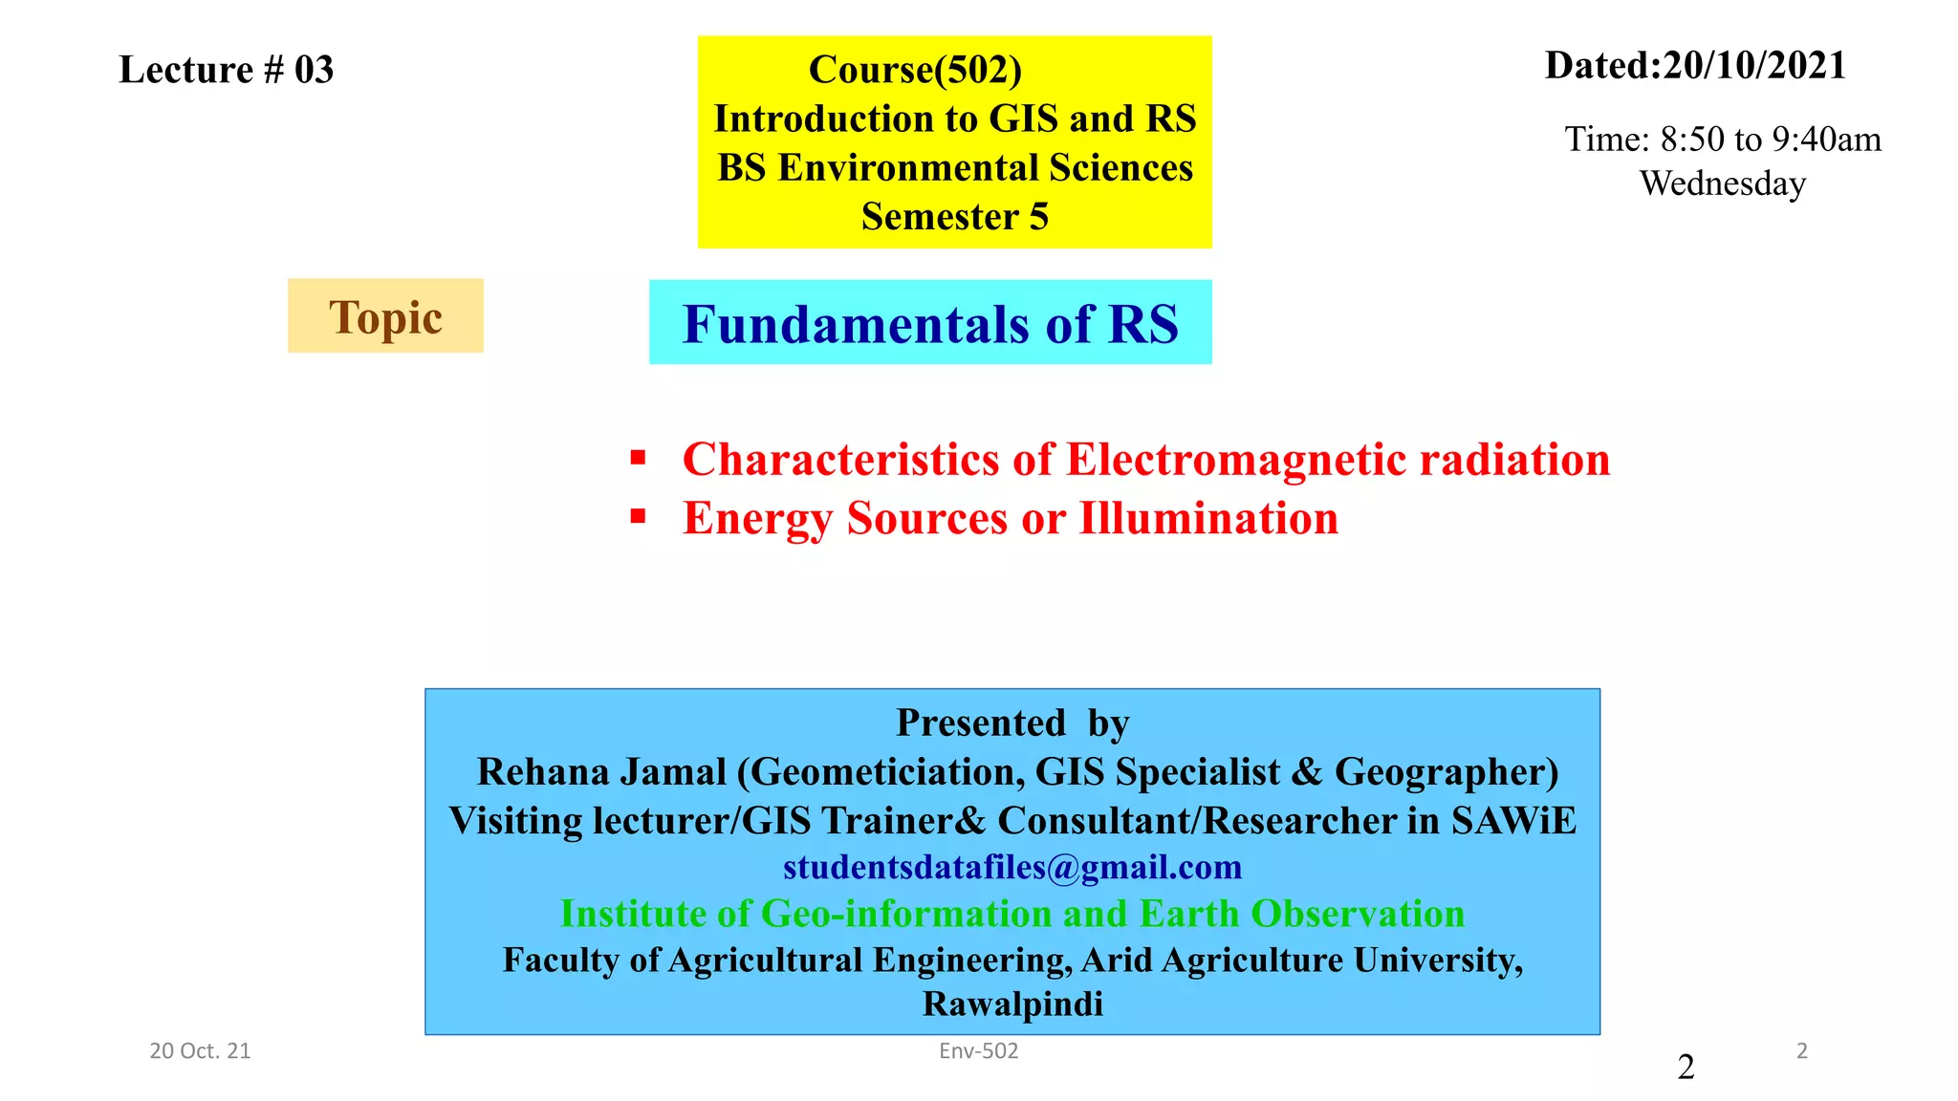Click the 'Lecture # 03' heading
click(226, 70)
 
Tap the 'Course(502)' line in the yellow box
click(915, 70)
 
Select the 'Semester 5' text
click(954, 217)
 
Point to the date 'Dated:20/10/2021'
click(1695, 66)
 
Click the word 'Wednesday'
click(1722, 183)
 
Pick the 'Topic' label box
click(385, 316)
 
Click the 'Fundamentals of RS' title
click(930, 323)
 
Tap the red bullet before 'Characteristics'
click(639, 459)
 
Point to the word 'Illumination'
click(1208, 519)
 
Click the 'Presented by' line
click(1012, 723)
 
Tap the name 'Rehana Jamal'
click(601, 771)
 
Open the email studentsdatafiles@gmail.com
click(1012, 867)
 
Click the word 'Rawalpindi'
click(1012, 1004)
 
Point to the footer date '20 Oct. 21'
click(200, 1051)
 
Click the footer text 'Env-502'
click(978, 1051)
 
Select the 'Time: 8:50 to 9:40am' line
click(1722, 140)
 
